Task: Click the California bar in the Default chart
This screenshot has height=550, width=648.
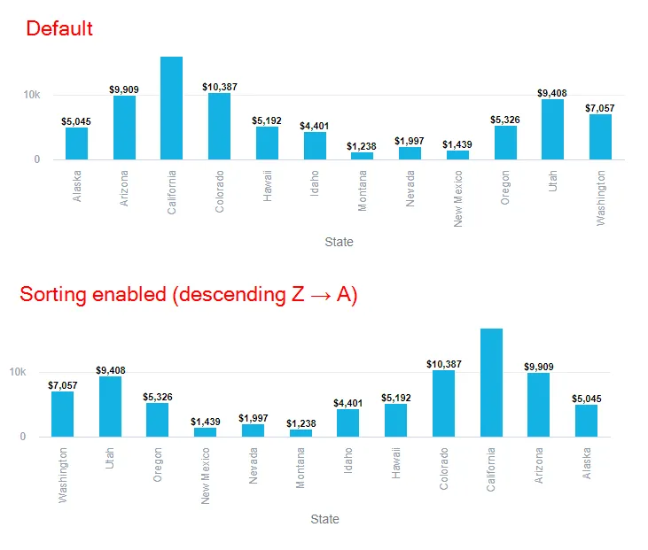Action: pyautogui.click(x=171, y=108)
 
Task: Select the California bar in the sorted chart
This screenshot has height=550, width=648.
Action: pyautogui.click(x=492, y=383)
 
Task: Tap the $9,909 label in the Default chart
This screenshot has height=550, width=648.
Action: pyautogui.click(x=123, y=89)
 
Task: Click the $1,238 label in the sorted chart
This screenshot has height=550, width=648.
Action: pyautogui.click(x=301, y=423)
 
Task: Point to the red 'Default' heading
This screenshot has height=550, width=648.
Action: pyautogui.click(x=59, y=28)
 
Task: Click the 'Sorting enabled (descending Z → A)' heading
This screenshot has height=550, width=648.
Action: pyautogui.click(x=189, y=295)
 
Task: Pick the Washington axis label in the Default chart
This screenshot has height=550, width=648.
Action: pyautogui.click(x=601, y=198)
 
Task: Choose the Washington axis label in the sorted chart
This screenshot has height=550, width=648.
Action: pyautogui.click(x=63, y=475)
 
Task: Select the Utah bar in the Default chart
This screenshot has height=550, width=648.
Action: pyautogui.click(x=553, y=129)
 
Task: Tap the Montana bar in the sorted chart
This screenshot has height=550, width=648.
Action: pyautogui.click(x=301, y=433)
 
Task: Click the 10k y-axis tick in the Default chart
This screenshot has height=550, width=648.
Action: pyautogui.click(x=31, y=95)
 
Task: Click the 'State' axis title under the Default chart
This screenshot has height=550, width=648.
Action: pyautogui.click(x=339, y=242)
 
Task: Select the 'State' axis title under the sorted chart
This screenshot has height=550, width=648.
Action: pyautogui.click(x=324, y=519)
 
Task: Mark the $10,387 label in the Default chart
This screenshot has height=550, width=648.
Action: pyautogui.click(x=220, y=87)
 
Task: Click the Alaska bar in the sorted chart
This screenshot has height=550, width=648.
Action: pyautogui.click(x=586, y=421)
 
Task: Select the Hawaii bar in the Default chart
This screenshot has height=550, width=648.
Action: pyautogui.click(x=268, y=143)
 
